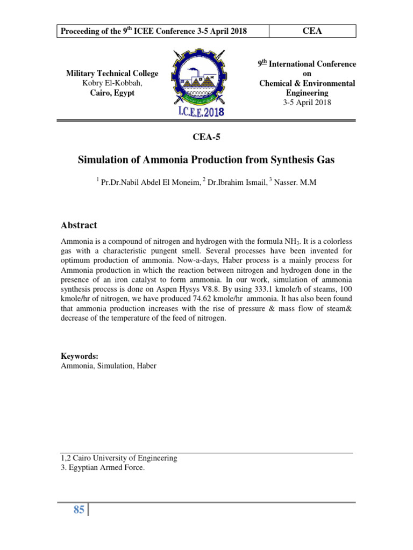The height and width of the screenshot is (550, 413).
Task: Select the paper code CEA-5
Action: point(206,136)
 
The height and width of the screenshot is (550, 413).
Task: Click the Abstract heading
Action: point(79,225)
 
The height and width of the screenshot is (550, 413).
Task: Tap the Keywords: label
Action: point(79,356)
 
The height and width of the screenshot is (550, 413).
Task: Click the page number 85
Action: point(79,510)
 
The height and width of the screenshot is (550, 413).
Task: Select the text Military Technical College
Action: point(112,74)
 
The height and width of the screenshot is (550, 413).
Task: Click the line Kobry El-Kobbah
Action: point(112,83)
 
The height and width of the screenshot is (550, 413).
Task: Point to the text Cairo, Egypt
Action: point(112,93)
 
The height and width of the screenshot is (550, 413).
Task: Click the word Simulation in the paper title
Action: point(106,160)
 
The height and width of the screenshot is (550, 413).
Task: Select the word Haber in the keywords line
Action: point(146,366)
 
